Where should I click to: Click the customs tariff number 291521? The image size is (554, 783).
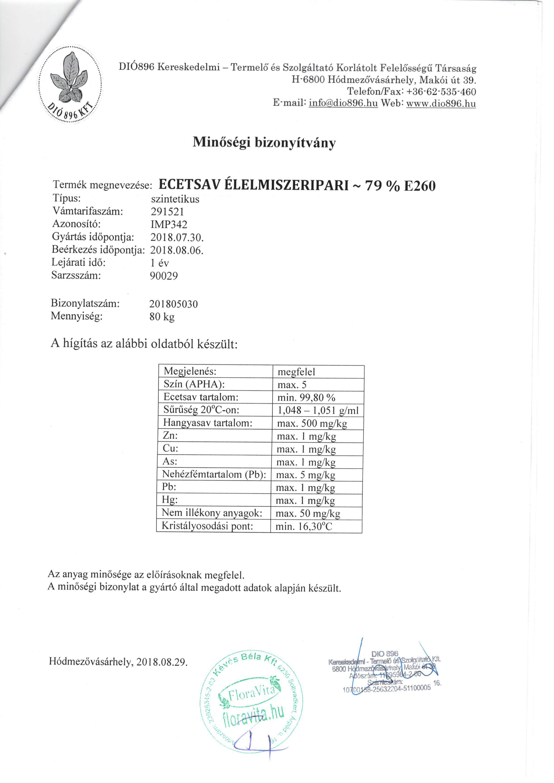167,212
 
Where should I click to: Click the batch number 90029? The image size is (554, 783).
164,276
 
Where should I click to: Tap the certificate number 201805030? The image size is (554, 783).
173,304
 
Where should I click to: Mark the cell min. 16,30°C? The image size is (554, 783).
304,526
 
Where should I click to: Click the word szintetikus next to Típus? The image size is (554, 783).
175,199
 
